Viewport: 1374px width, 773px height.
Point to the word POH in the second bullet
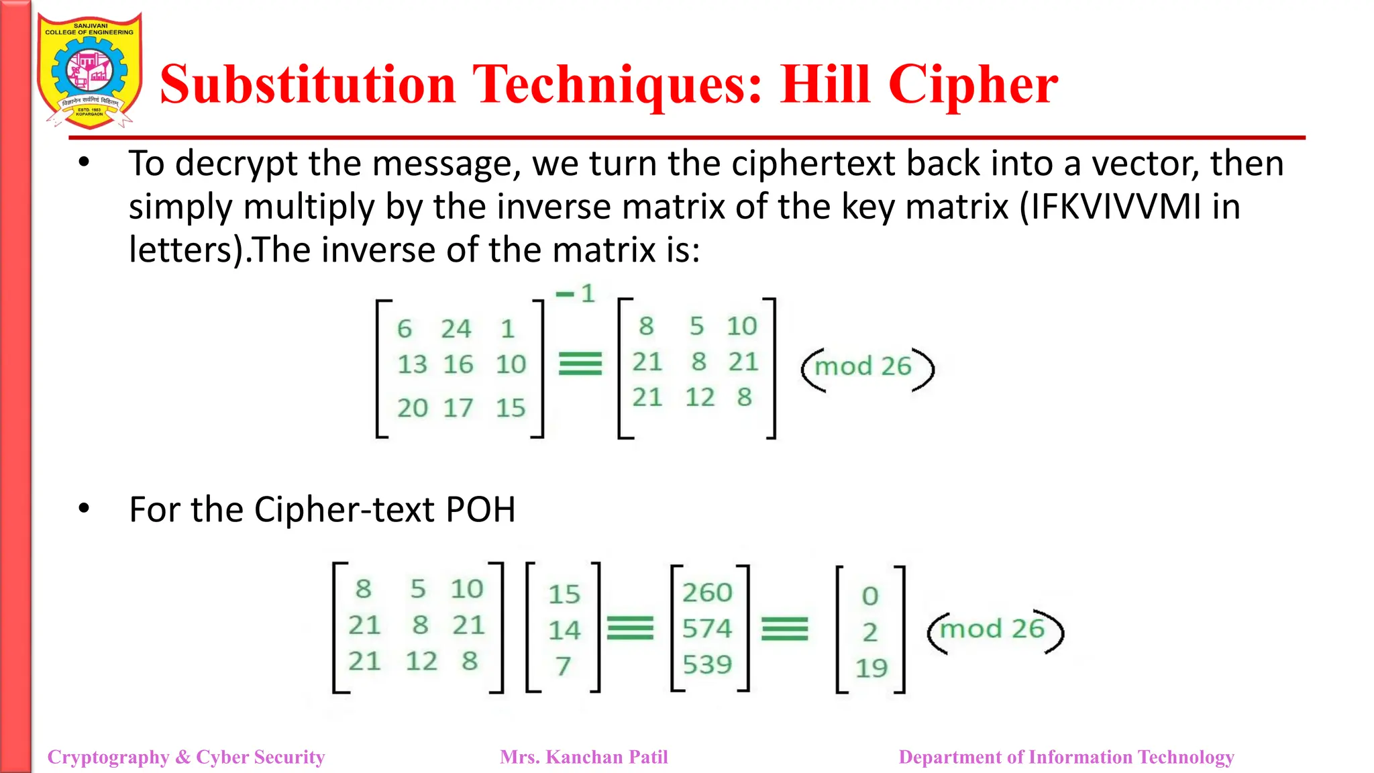point(480,510)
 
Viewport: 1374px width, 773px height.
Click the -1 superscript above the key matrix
point(576,293)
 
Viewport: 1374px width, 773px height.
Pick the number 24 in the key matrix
point(456,329)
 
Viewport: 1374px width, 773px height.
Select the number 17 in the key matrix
point(458,408)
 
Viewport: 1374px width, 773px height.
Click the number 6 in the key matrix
point(404,329)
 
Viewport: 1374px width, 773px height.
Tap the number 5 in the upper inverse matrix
point(697,327)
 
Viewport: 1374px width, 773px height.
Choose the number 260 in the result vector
point(707,593)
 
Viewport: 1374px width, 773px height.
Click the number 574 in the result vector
point(707,629)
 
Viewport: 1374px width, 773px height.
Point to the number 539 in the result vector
point(707,665)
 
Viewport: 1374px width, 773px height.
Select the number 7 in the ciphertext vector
point(563,666)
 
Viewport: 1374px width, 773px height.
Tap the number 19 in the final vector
point(871,668)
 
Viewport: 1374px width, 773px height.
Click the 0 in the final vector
point(870,596)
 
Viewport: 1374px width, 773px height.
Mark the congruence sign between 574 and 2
point(784,629)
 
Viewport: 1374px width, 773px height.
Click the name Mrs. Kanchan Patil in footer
point(584,757)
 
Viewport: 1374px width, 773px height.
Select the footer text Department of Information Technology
point(1066,757)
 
